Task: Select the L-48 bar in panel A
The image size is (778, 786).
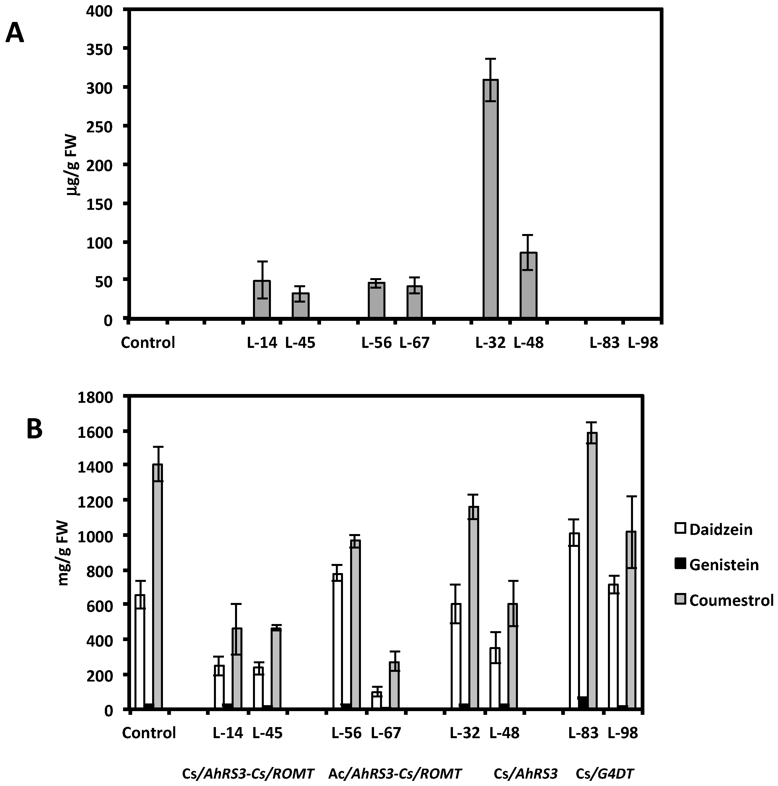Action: click(x=528, y=285)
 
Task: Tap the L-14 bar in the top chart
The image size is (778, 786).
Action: click(x=262, y=299)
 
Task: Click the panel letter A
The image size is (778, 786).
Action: click(x=15, y=33)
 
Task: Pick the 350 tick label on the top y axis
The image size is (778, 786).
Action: click(x=100, y=49)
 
